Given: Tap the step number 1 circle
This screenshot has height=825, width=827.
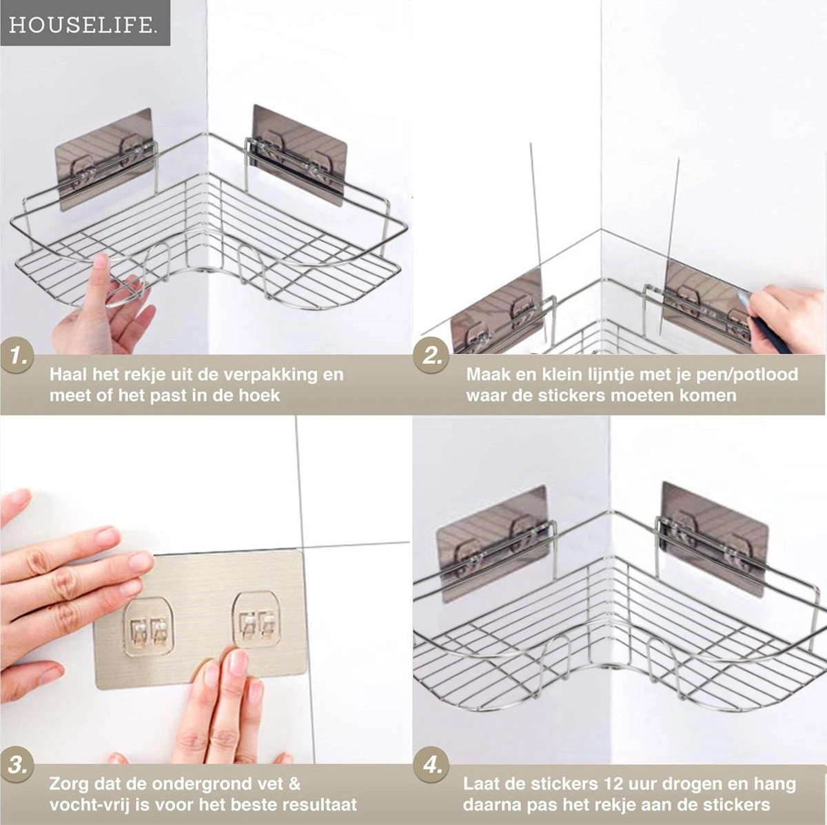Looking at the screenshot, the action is click(x=17, y=355).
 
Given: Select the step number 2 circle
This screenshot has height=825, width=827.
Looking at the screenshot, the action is click(x=431, y=355).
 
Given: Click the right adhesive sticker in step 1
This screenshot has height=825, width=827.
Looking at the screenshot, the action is click(x=299, y=155).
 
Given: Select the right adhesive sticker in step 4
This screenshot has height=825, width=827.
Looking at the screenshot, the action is click(x=714, y=540).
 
